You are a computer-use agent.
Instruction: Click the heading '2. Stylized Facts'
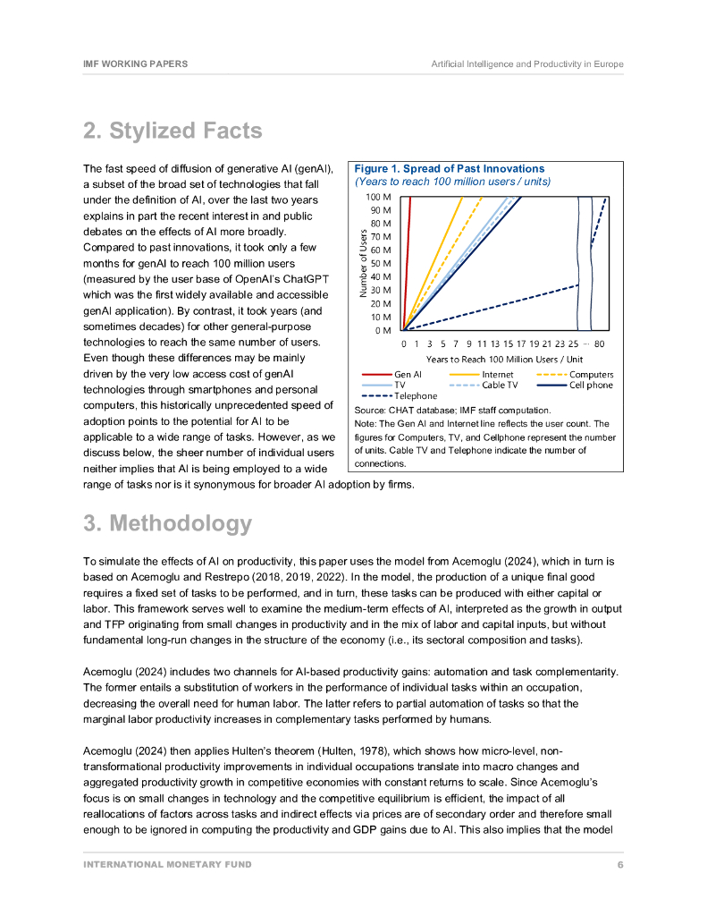tap(173, 131)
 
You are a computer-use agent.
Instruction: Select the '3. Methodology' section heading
tap(167, 523)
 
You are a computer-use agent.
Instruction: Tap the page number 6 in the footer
tap(620, 864)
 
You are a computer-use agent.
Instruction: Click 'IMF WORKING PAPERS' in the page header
tap(135, 64)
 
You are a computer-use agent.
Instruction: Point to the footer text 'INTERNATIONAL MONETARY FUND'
tap(167, 864)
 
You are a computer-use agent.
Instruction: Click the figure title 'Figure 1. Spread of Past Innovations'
tap(449, 168)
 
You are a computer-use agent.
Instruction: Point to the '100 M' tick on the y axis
tap(379, 197)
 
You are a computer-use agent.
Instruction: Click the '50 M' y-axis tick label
tap(381, 264)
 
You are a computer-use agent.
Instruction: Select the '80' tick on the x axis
tap(599, 343)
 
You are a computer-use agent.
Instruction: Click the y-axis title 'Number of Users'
tap(364, 263)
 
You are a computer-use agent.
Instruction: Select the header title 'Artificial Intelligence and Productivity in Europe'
tap(527, 64)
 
